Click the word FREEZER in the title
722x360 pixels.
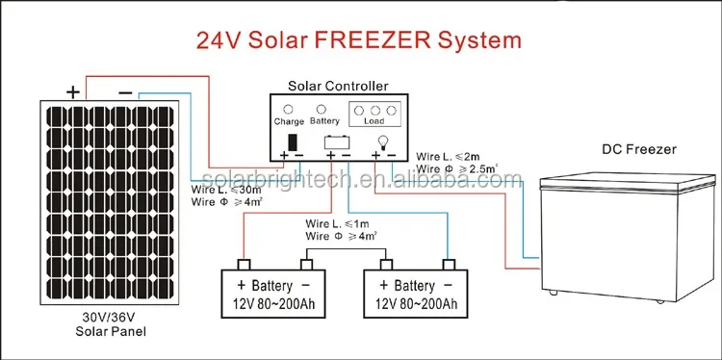pyautogui.click(x=373, y=39)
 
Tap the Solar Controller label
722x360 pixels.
pyautogui.click(x=338, y=86)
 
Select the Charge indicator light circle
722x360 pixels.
pyautogui.click(x=288, y=110)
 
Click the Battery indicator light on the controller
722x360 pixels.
pyautogui.click(x=322, y=109)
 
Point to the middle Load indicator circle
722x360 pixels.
pyautogui.click(x=374, y=111)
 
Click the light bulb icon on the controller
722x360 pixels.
pyautogui.click(x=382, y=142)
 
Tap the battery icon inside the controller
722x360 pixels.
pyautogui.click(x=338, y=142)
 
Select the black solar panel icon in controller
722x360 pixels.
pyautogui.click(x=293, y=141)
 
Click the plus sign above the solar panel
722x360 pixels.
pyautogui.click(x=73, y=92)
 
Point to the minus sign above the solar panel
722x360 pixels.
pyautogui.click(x=125, y=93)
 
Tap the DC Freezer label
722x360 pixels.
pyautogui.click(x=639, y=149)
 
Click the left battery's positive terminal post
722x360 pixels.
pyautogui.click(x=244, y=265)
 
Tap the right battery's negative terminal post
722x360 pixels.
pyautogui.click(x=449, y=265)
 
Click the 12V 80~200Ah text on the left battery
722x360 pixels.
pyautogui.click(x=273, y=304)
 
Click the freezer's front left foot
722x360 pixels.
pyautogui.click(x=553, y=292)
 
